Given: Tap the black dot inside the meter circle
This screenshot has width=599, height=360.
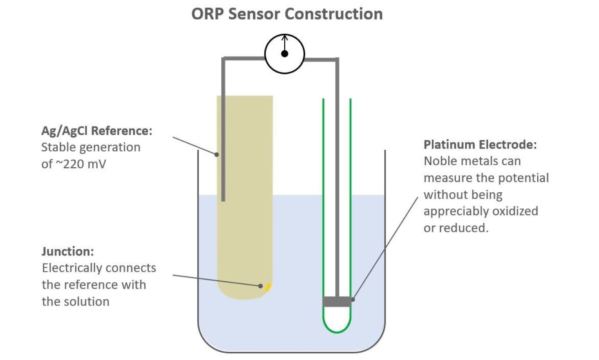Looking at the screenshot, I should pyautogui.click(x=285, y=54).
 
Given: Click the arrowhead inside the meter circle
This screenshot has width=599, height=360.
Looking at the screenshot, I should pyautogui.click(x=285, y=38).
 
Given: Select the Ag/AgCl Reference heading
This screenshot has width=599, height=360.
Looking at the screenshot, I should pyautogui.click(x=97, y=131).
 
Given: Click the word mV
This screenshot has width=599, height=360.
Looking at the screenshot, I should pyautogui.click(x=97, y=164).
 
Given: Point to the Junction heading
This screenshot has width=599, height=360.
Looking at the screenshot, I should pyautogui.click(x=68, y=251).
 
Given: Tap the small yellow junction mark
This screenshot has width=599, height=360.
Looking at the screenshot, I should pyautogui.click(x=268, y=286).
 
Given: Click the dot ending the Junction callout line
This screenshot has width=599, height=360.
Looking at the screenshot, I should pyautogui.click(x=260, y=286).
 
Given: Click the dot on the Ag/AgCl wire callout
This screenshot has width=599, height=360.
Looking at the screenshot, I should pyautogui.click(x=217, y=154).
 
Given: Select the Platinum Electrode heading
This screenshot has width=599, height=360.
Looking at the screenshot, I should pyautogui.click(x=480, y=145).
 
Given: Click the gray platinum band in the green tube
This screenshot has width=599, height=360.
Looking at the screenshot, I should pyautogui.click(x=337, y=301).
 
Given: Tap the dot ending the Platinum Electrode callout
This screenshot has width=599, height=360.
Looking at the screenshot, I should pyautogui.click(x=353, y=299).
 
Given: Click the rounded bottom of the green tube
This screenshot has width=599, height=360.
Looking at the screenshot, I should pyautogui.click(x=337, y=331).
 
